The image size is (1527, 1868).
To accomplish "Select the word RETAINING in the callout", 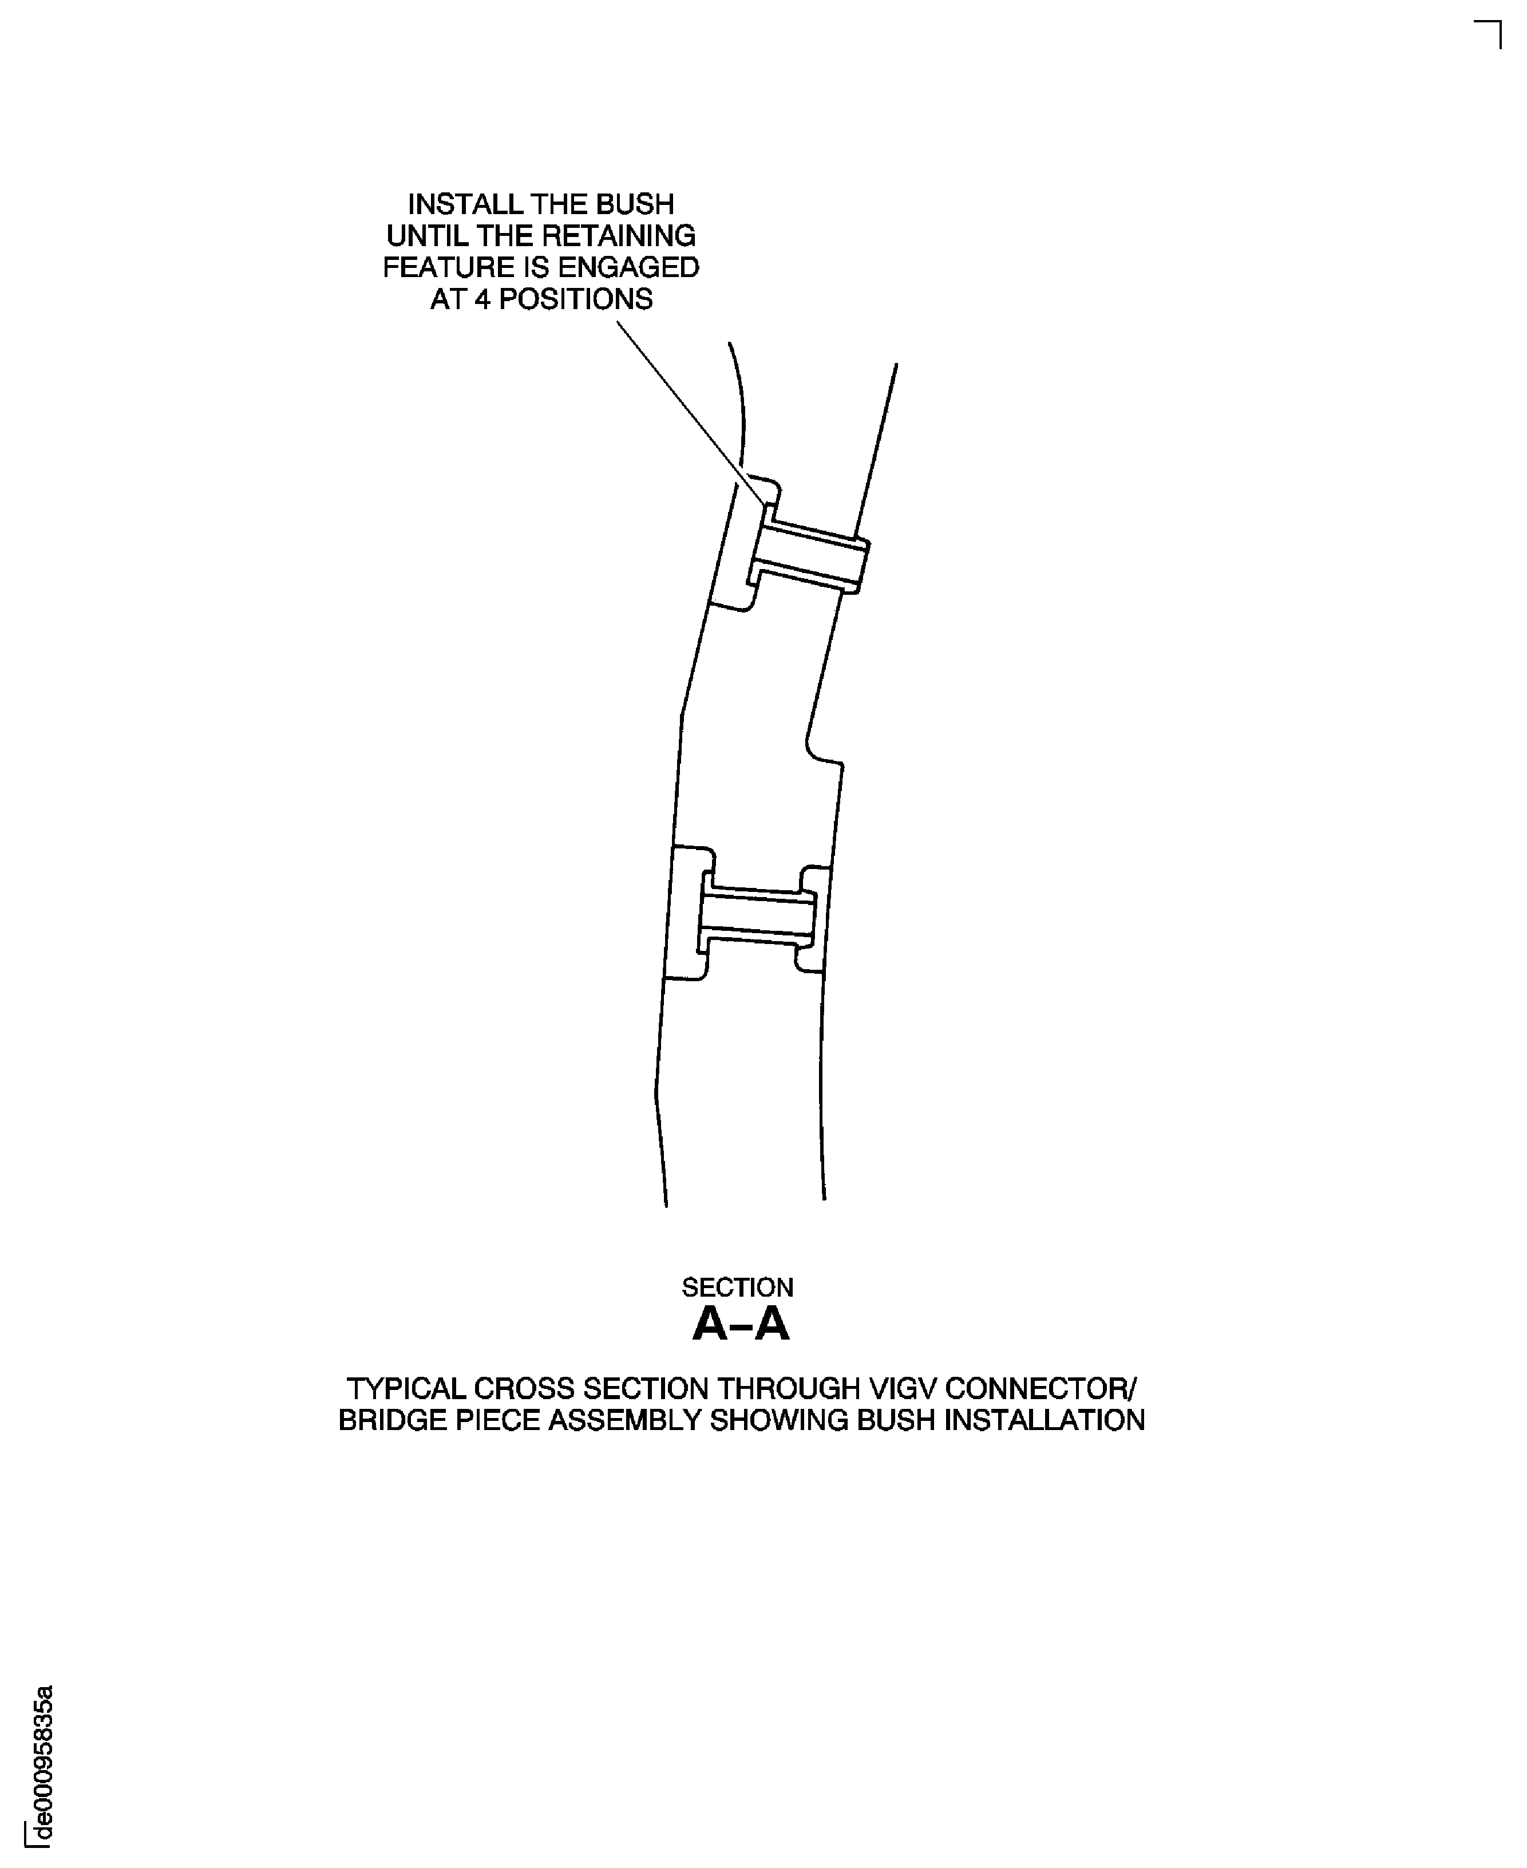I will tap(618, 236).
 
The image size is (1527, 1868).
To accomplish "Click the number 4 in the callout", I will tap(482, 300).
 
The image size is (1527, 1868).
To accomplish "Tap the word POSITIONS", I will tap(576, 300).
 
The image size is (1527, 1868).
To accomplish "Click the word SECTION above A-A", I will tap(737, 1288).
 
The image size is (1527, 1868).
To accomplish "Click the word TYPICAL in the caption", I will tap(405, 1389).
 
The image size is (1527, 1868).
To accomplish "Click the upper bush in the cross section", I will tap(809, 554).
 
